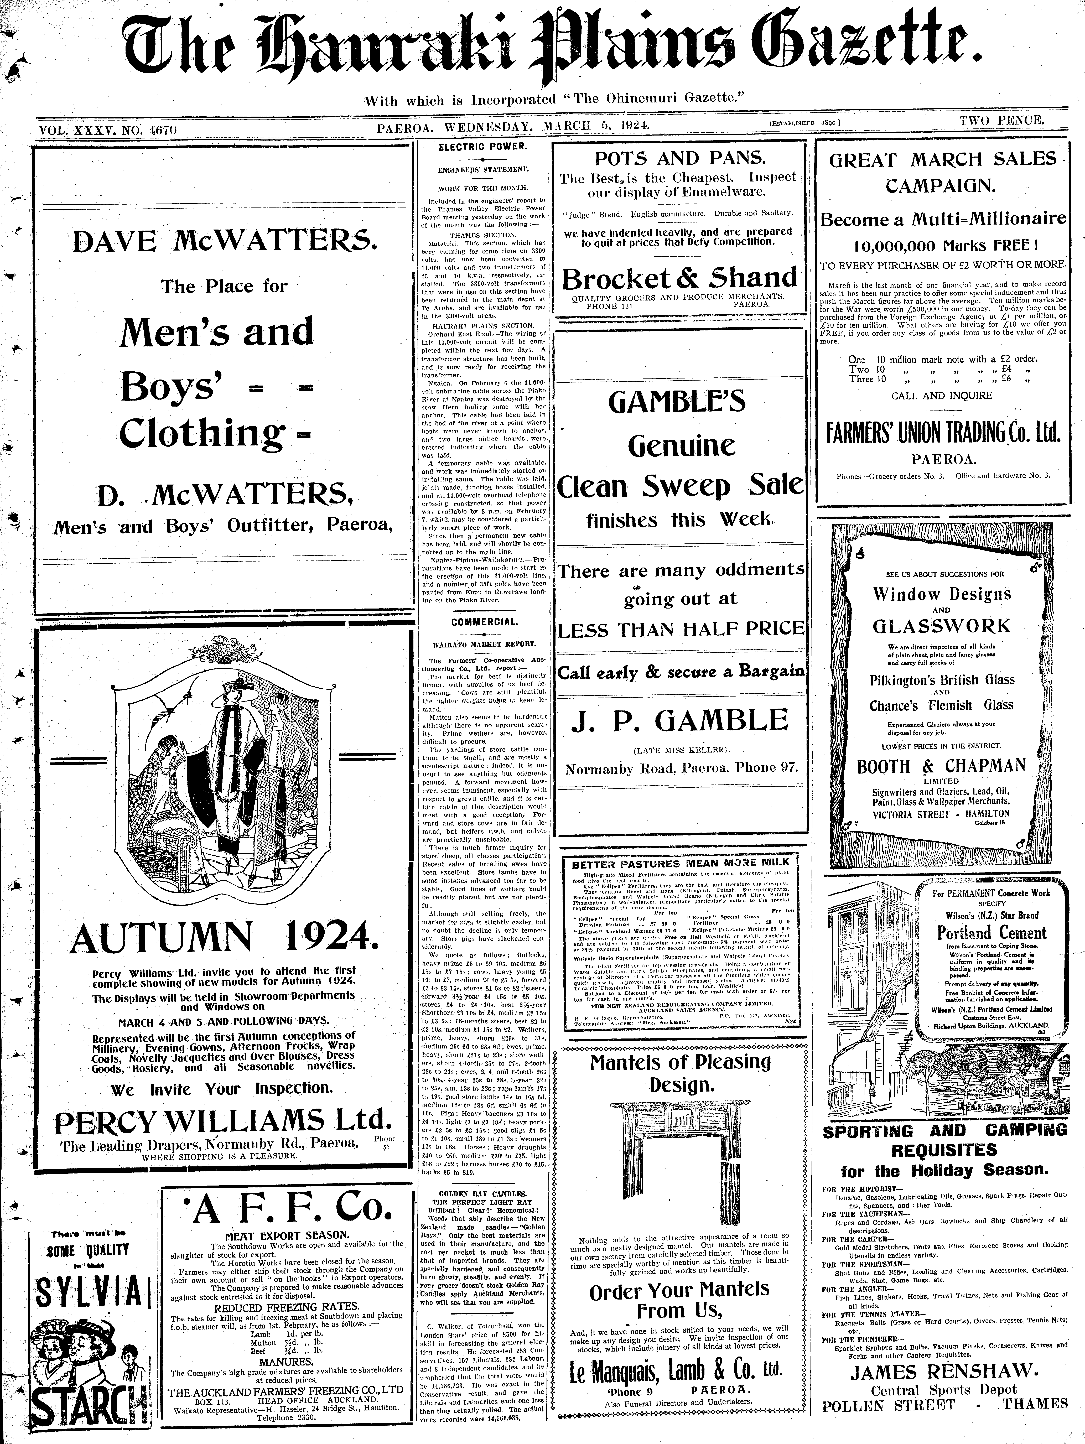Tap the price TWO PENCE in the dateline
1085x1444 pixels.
(1002, 120)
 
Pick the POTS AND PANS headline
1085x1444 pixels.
(679, 158)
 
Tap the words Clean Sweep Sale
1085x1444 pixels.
(679, 485)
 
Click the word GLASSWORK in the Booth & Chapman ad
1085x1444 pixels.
(941, 626)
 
